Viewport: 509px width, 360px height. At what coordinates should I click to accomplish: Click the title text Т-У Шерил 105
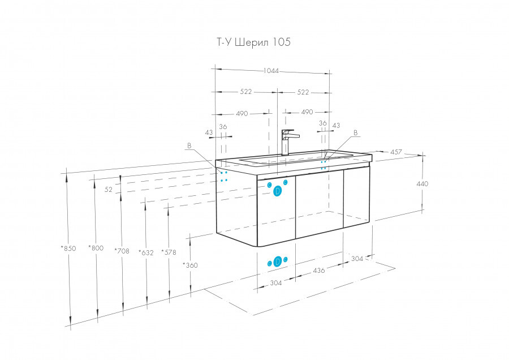point(253,42)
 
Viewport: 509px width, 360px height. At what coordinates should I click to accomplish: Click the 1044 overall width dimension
point(271,71)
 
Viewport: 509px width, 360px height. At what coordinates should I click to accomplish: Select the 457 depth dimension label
point(396,152)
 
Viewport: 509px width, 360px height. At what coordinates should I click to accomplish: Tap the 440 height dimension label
point(422,183)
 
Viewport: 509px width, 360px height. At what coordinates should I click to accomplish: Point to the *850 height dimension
point(68,248)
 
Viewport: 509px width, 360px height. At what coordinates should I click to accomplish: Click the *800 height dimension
point(96,248)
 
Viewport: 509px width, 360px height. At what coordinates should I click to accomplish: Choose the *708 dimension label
point(122,251)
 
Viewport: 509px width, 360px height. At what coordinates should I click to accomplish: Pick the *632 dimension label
point(146,252)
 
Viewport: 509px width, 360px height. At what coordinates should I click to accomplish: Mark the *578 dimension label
point(169,252)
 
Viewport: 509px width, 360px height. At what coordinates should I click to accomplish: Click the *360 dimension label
point(190,265)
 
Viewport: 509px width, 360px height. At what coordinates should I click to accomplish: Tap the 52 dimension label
point(109,190)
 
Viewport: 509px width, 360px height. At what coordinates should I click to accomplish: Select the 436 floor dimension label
point(319,270)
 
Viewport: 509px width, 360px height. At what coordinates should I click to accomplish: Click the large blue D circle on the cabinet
point(278,191)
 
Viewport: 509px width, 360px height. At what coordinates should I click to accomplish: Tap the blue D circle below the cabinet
point(278,262)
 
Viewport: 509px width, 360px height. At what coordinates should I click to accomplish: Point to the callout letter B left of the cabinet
point(189,145)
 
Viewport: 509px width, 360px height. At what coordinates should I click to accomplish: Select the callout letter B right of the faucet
point(356,132)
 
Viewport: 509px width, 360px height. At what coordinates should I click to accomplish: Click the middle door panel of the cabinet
point(320,203)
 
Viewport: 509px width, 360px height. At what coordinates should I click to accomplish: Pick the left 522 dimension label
point(246,92)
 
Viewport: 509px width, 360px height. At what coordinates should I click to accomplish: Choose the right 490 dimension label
point(307,112)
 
